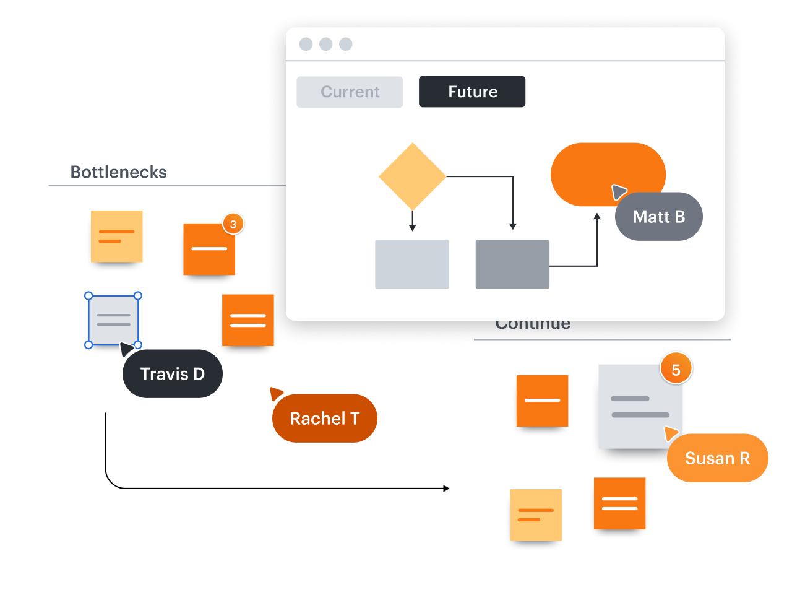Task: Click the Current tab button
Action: tap(350, 92)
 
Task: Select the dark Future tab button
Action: tap(472, 92)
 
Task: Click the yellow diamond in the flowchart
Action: tap(412, 176)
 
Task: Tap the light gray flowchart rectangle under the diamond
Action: tap(412, 264)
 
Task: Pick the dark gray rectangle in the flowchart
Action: tap(512, 264)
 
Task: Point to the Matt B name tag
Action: tap(659, 217)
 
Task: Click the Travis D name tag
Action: tap(173, 374)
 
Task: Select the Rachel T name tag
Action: tap(325, 419)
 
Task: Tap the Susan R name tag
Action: tap(717, 458)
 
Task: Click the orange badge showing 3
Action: tap(233, 224)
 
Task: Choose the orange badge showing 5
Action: tap(676, 370)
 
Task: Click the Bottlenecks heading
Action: tap(118, 172)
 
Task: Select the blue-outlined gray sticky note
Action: tap(113, 320)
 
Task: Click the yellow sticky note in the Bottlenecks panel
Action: tap(117, 236)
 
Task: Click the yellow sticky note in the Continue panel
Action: tap(536, 515)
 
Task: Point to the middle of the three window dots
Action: tap(326, 44)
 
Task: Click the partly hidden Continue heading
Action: tap(533, 325)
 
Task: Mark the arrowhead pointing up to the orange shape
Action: tap(597, 217)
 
